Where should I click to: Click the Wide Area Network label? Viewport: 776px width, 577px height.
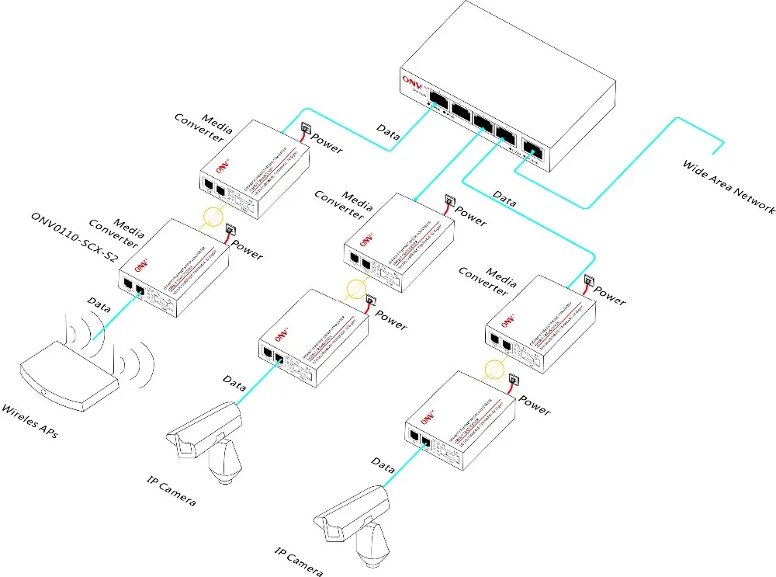pyautogui.click(x=728, y=187)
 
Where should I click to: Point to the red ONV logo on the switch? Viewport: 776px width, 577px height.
pyautogui.click(x=411, y=80)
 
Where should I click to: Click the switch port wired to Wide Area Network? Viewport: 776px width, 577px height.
pyautogui.click(x=533, y=150)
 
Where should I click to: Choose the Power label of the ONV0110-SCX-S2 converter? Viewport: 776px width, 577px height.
pyautogui.click(x=248, y=250)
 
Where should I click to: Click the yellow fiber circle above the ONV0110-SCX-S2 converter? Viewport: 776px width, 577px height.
pyautogui.click(x=209, y=217)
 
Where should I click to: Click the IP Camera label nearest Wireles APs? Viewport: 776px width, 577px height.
pyautogui.click(x=170, y=489)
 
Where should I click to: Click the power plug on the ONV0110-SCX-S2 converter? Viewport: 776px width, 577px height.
pyautogui.click(x=230, y=230)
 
